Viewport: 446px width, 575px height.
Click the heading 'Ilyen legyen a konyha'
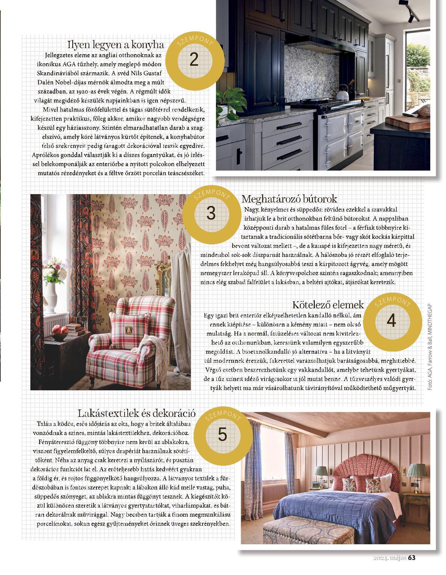[x=116, y=45]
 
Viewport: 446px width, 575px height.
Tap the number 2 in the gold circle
[x=194, y=60]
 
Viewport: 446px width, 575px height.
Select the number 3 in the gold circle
[x=211, y=213]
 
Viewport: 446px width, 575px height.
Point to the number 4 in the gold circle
[x=391, y=320]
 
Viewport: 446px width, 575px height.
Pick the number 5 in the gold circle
[x=222, y=434]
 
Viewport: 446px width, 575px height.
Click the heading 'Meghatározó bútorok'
[x=289, y=199]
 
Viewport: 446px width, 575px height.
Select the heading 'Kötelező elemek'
[x=328, y=304]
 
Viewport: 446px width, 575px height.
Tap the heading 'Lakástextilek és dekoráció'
[x=136, y=413]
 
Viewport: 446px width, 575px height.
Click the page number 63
[x=412, y=558]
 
